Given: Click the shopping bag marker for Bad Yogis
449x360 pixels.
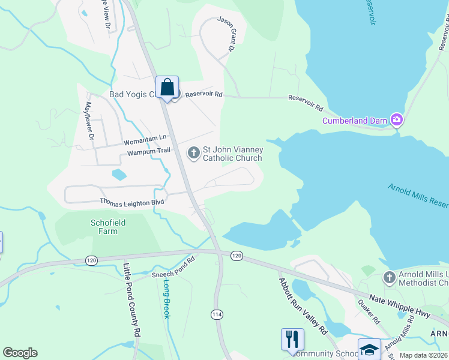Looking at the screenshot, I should [167, 87].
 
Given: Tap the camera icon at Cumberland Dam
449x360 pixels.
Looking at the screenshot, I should [396, 120].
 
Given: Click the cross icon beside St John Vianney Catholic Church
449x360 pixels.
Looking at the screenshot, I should [193, 153].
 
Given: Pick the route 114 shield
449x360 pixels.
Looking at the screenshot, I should [217, 314].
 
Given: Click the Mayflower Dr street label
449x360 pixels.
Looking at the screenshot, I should [89, 120].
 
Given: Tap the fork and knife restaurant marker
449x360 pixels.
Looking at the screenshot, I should [292, 339].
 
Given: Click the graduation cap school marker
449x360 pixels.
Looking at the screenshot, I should [369, 349].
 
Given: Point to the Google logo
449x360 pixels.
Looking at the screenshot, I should [20, 353].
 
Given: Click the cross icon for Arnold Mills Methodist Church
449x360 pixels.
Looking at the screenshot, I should [390, 278].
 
